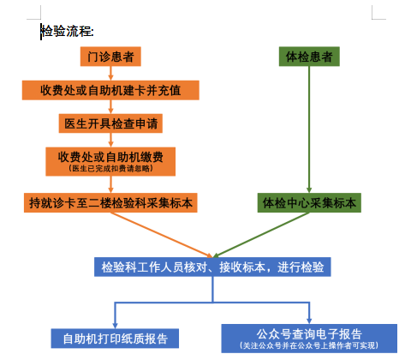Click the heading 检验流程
coord(68,31)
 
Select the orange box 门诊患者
coord(110,57)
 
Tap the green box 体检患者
coord(309,57)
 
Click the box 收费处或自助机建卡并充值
coord(110,90)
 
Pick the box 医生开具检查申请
coord(110,123)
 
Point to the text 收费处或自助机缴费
coord(110,157)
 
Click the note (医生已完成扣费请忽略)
coord(110,168)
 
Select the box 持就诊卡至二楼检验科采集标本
coord(110,203)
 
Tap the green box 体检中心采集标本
coord(309,203)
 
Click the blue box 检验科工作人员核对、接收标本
coord(212,267)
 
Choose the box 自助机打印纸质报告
coord(115,339)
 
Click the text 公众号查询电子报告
coord(309,333)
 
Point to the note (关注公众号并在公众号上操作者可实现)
coord(309,345)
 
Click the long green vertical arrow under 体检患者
coord(309,129)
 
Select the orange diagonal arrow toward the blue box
coord(162,235)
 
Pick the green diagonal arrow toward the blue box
coord(261,235)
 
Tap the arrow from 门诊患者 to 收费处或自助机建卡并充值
coord(110,74)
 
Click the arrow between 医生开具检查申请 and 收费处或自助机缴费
coord(110,140)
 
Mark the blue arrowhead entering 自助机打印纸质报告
coord(115,326)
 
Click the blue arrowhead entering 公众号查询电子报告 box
coord(309,321)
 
